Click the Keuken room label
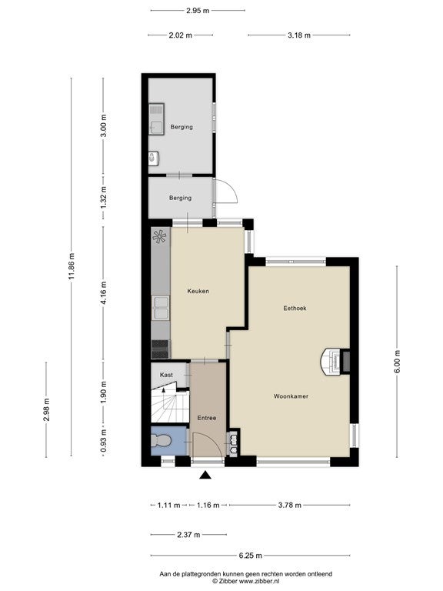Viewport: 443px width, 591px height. (x=198, y=291)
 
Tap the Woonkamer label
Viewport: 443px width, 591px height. (x=291, y=396)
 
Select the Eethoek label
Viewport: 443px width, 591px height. (x=295, y=308)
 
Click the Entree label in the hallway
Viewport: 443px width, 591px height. (x=207, y=418)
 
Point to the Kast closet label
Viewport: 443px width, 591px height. (x=166, y=375)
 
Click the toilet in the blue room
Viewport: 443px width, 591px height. (x=162, y=440)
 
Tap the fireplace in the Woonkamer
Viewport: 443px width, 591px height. (x=335, y=361)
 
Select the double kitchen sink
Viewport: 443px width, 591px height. (x=161, y=308)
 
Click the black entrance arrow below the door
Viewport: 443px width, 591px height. (x=205, y=475)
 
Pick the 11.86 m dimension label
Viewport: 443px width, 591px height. (x=72, y=266)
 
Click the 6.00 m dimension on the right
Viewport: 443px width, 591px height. (x=398, y=362)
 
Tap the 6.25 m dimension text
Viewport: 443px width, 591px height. (x=250, y=556)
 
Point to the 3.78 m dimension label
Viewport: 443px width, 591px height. (x=290, y=505)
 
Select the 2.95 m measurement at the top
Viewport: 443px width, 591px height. (x=198, y=11)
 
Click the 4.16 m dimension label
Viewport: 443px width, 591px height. (x=104, y=293)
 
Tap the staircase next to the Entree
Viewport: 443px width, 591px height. (x=169, y=406)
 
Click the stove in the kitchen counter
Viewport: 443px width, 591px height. (x=161, y=349)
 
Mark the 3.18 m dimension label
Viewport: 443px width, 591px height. (x=299, y=35)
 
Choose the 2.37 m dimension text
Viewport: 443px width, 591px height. (x=188, y=535)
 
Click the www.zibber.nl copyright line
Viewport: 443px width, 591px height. (x=245, y=581)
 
